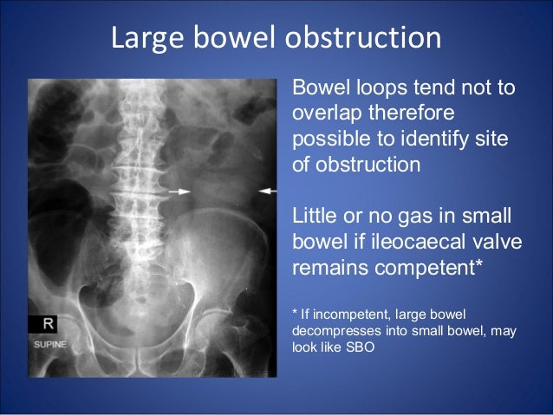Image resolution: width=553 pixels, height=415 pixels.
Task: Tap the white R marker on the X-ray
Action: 49,323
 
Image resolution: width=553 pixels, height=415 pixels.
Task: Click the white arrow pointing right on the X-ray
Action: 179,191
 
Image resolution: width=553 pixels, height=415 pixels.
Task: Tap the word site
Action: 494,139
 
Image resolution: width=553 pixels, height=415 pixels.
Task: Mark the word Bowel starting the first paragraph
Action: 320,88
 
